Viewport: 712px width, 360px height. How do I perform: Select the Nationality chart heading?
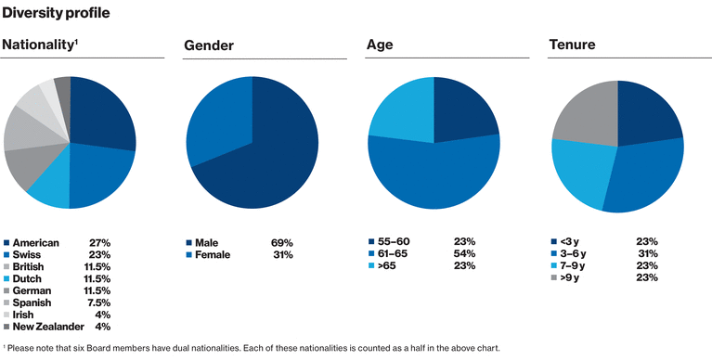pos(40,45)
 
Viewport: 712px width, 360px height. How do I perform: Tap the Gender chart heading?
pos(209,45)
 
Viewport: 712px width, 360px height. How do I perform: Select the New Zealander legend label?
pos(53,327)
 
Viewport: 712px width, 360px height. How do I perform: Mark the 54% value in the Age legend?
pos(464,253)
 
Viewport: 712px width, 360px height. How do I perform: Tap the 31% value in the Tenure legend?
pos(647,253)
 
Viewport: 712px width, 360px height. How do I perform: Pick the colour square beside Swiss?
pos(6,254)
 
